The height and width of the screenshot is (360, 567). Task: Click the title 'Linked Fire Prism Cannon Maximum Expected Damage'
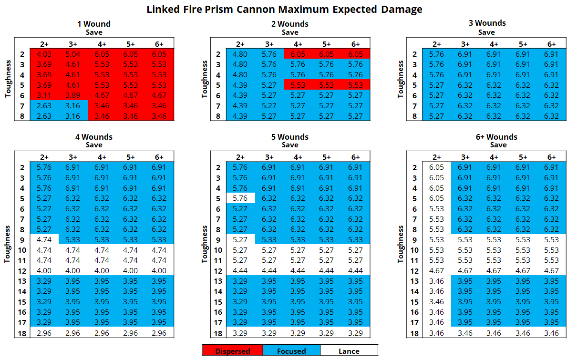(x=284, y=9)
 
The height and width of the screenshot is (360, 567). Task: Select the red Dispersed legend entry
(x=233, y=351)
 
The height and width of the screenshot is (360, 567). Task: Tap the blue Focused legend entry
(x=291, y=351)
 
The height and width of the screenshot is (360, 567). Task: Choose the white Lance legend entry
(x=349, y=351)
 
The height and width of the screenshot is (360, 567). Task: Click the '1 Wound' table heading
(x=94, y=24)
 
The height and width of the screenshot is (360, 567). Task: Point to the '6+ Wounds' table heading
(x=498, y=137)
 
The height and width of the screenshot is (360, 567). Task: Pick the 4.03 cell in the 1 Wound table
(x=44, y=54)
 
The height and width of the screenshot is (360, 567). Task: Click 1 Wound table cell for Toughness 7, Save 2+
(x=44, y=106)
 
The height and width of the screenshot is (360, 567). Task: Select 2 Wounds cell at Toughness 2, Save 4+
(x=298, y=54)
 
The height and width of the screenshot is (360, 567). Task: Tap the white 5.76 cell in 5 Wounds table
(x=240, y=198)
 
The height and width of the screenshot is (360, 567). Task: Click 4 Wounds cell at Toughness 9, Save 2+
(x=44, y=240)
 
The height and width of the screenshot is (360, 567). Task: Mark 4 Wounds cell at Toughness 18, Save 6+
(x=159, y=333)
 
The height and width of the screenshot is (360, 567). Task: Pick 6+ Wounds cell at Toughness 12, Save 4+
(x=494, y=271)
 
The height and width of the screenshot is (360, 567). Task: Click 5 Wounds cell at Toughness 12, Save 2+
(x=240, y=271)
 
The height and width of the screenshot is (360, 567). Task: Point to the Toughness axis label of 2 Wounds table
(x=205, y=79)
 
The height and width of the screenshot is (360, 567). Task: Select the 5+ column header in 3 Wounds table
(x=523, y=44)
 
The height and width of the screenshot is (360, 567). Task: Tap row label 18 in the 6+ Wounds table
(x=414, y=333)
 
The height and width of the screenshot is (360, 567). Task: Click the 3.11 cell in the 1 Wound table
(x=44, y=95)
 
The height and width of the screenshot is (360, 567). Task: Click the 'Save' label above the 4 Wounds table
(x=94, y=145)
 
